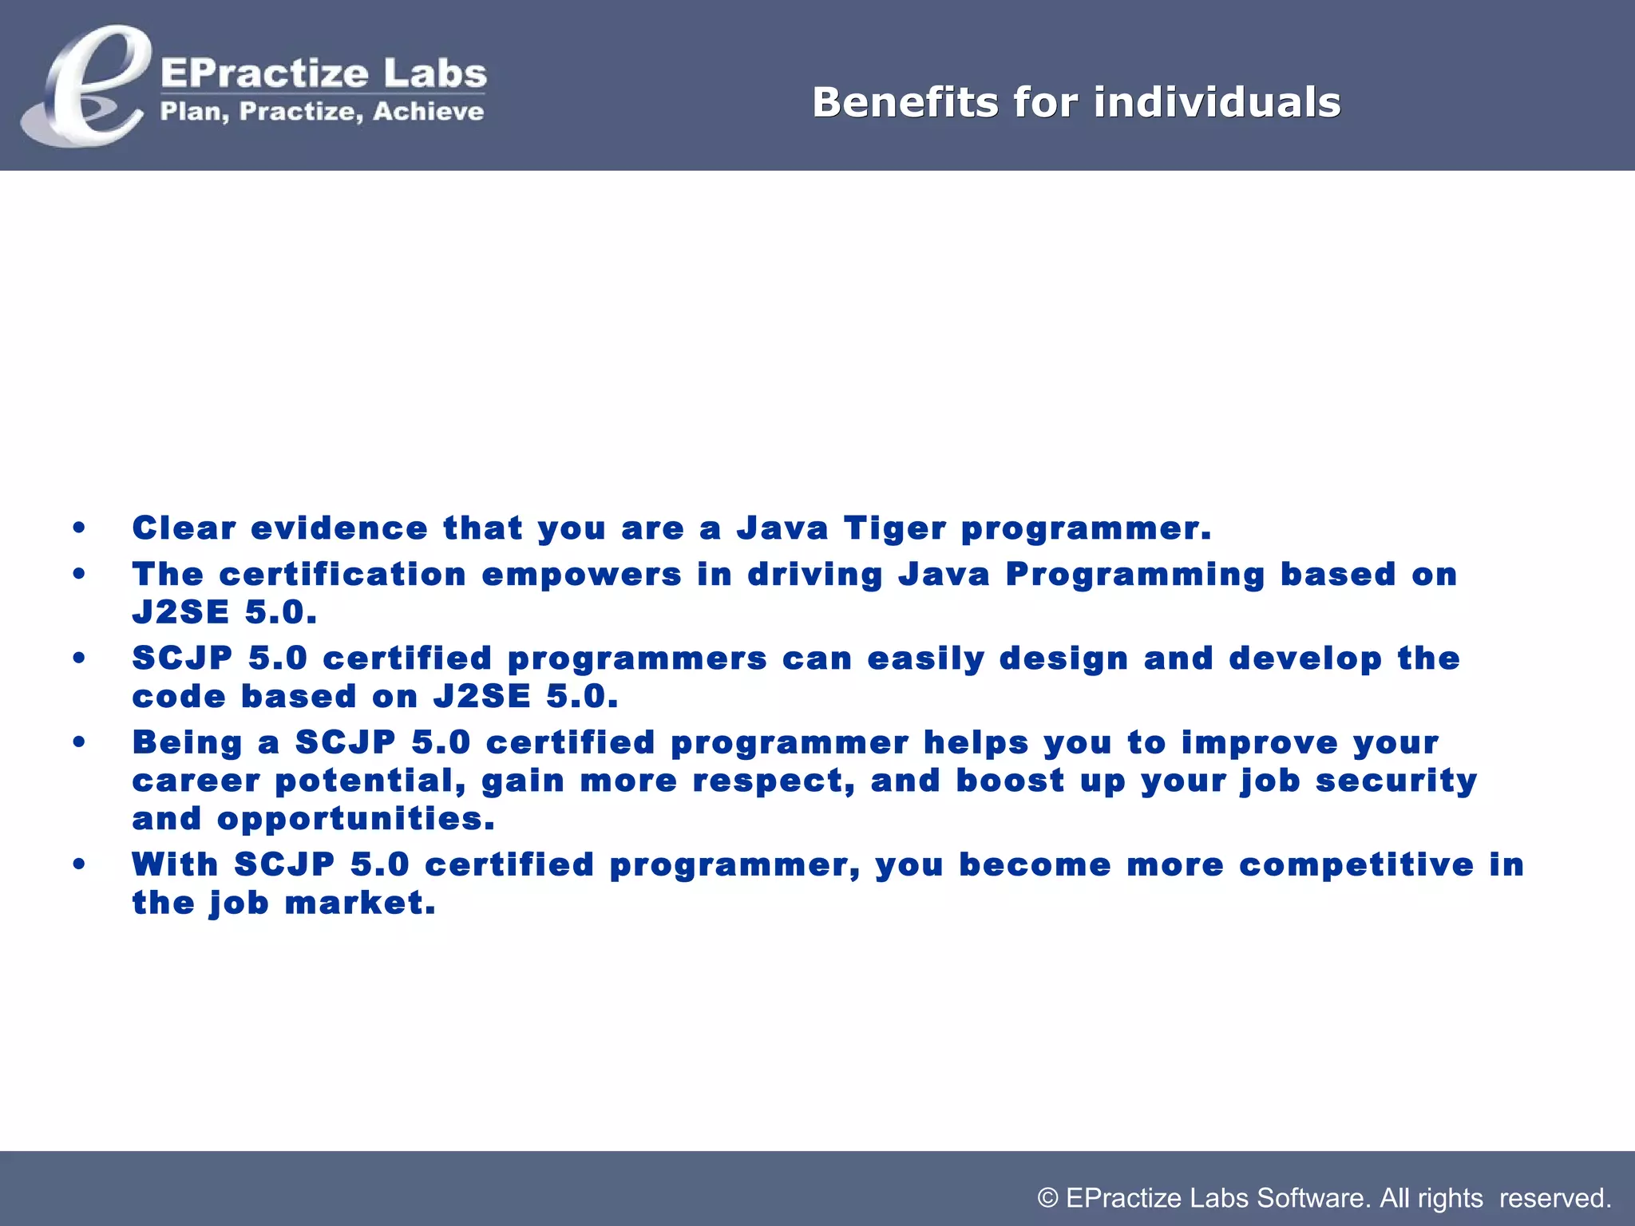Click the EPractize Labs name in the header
pos(323,73)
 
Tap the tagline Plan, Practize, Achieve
pos(322,111)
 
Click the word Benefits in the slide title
pos(905,102)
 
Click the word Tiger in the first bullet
pos(895,528)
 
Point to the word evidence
pos(339,528)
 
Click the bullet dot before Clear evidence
pos(78,528)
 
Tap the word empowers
pos(581,575)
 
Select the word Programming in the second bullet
pos(1135,575)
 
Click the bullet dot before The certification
pos(78,574)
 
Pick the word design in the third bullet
pos(1063,659)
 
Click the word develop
pos(1305,659)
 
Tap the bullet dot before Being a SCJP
pos(78,742)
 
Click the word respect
pos(773,781)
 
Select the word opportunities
pos(355,820)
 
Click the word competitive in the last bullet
pos(1356,865)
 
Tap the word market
pos(360,904)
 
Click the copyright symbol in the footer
pos(1047,1198)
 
